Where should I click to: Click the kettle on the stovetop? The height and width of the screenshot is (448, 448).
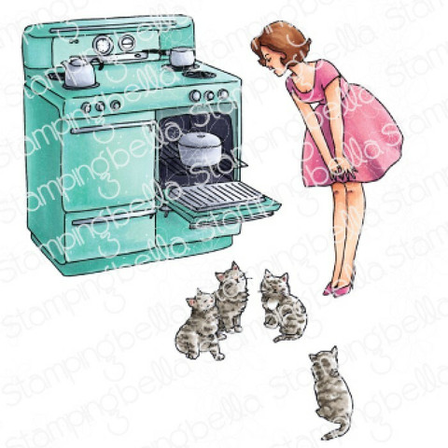pyautogui.click(x=77, y=72)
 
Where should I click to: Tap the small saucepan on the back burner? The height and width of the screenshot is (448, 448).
pyautogui.click(x=182, y=57)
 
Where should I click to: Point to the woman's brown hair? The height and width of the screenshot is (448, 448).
pyautogui.click(x=278, y=41)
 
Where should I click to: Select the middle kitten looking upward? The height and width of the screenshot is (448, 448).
pyautogui.click(x=231, y=294)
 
